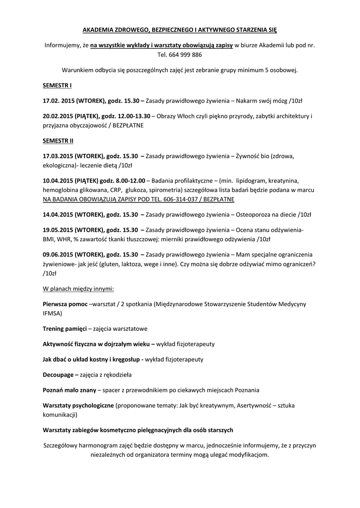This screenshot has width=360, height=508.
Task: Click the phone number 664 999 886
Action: [x=187, y=55]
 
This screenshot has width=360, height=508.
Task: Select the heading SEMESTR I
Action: [x=57, y=85]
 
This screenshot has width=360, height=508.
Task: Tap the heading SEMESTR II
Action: [x=58, y=140]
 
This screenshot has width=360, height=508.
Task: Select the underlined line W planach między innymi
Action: [x=78, y=288]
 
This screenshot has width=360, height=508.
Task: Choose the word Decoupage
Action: [x=59, y=374]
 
